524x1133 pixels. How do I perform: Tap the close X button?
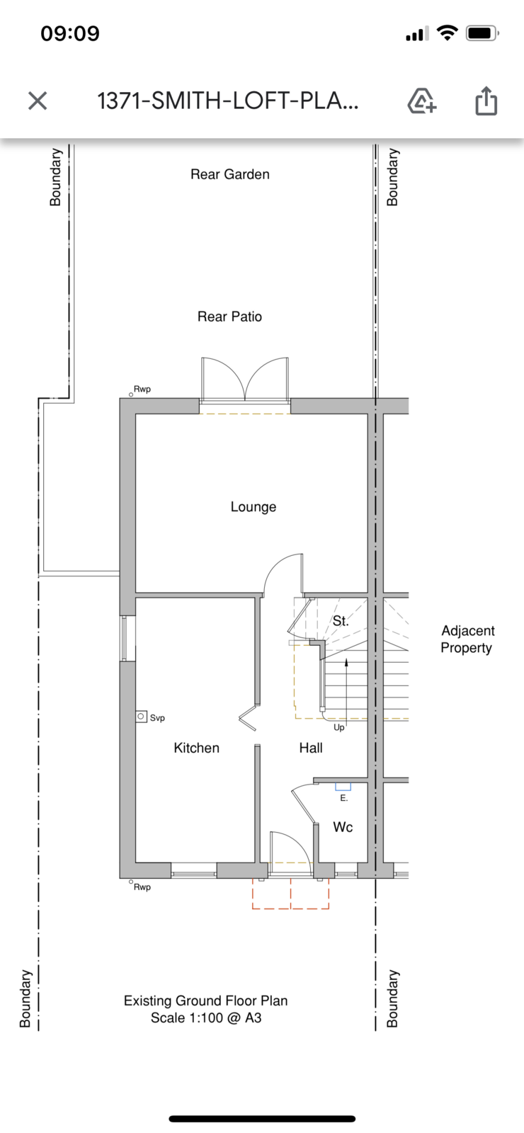tap(38, 101)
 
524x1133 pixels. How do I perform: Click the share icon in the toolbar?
tap(486, 101)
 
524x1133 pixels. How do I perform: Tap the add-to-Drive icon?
tap(422, 101)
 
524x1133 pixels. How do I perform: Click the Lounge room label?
tap(254, 507)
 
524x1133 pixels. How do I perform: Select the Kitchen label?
tap(197, 748)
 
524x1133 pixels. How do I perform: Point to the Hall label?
tap(311, 748)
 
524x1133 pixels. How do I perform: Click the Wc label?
tap(343, 827)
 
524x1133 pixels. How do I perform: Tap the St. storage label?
tap(341, 620)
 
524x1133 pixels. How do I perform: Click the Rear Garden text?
tap(230, 174)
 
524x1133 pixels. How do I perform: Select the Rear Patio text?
tap(229, 317)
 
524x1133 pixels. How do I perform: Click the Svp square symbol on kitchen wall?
tap(142, 717)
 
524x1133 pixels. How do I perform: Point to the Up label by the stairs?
tap(339, 728)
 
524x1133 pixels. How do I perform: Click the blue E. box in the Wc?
tap(343, 787)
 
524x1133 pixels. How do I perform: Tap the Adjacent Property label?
tap(467, 639)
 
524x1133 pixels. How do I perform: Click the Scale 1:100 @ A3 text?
tap(206, 1018)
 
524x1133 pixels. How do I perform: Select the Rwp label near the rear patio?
tap(142, 389)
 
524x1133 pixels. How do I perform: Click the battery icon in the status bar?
tap(482, 33)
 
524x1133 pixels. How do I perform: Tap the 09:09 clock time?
tap(70, 33)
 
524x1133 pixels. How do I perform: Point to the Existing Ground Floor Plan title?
tap(206, 1001)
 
